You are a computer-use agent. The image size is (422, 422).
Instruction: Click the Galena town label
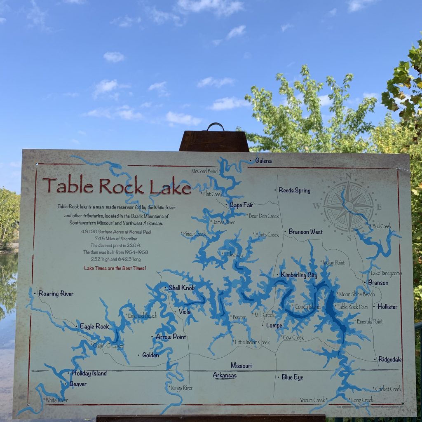[263, 160]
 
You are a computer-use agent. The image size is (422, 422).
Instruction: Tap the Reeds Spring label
[294, 190]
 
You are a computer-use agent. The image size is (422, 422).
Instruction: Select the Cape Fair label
[241, 205]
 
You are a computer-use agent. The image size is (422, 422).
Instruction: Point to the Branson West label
[305, 232]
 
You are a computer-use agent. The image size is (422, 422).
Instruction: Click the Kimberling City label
[299, 275]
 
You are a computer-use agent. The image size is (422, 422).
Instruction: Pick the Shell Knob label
[181, 288]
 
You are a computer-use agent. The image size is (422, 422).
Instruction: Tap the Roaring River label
[56, 294]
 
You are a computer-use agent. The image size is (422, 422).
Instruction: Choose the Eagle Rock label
[94, 326]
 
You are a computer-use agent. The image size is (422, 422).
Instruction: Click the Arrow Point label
[171, 337]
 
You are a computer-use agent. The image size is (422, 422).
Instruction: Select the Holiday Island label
[89, 373]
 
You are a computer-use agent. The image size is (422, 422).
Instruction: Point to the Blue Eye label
[292, 377]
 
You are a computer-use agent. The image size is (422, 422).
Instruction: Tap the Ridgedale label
[390, 359]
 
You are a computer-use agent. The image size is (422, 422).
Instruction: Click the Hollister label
[387, 307]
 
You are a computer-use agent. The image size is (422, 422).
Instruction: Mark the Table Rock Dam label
[352, 307]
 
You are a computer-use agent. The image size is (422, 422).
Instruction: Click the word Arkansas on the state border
[225, 375]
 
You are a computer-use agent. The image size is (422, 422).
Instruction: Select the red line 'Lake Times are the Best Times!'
[115, 268]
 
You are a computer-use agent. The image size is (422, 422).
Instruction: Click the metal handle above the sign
[216, 127]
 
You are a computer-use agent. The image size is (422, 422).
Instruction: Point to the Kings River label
[182, 388]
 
